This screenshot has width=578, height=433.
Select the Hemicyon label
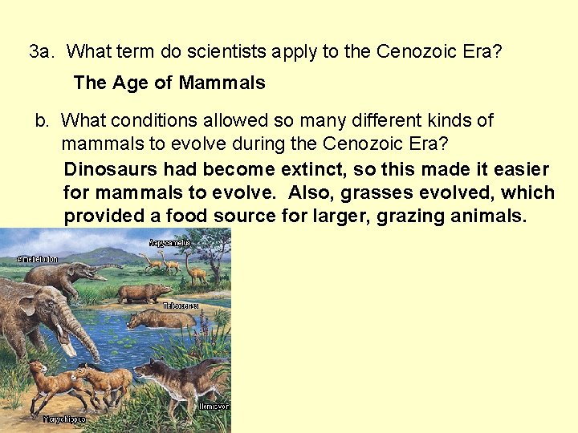(x=215, y=407)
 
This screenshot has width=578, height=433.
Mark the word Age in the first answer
(x=132, y=83)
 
